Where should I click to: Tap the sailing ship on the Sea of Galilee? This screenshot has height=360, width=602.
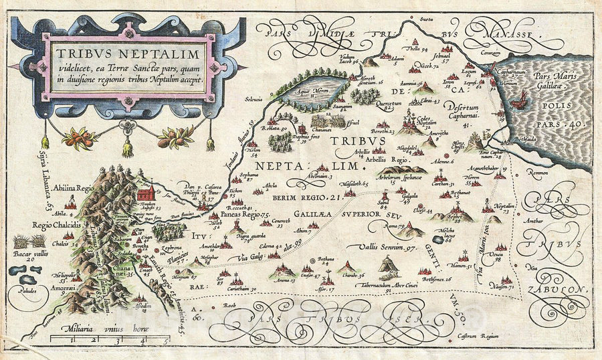click(518, 99)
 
